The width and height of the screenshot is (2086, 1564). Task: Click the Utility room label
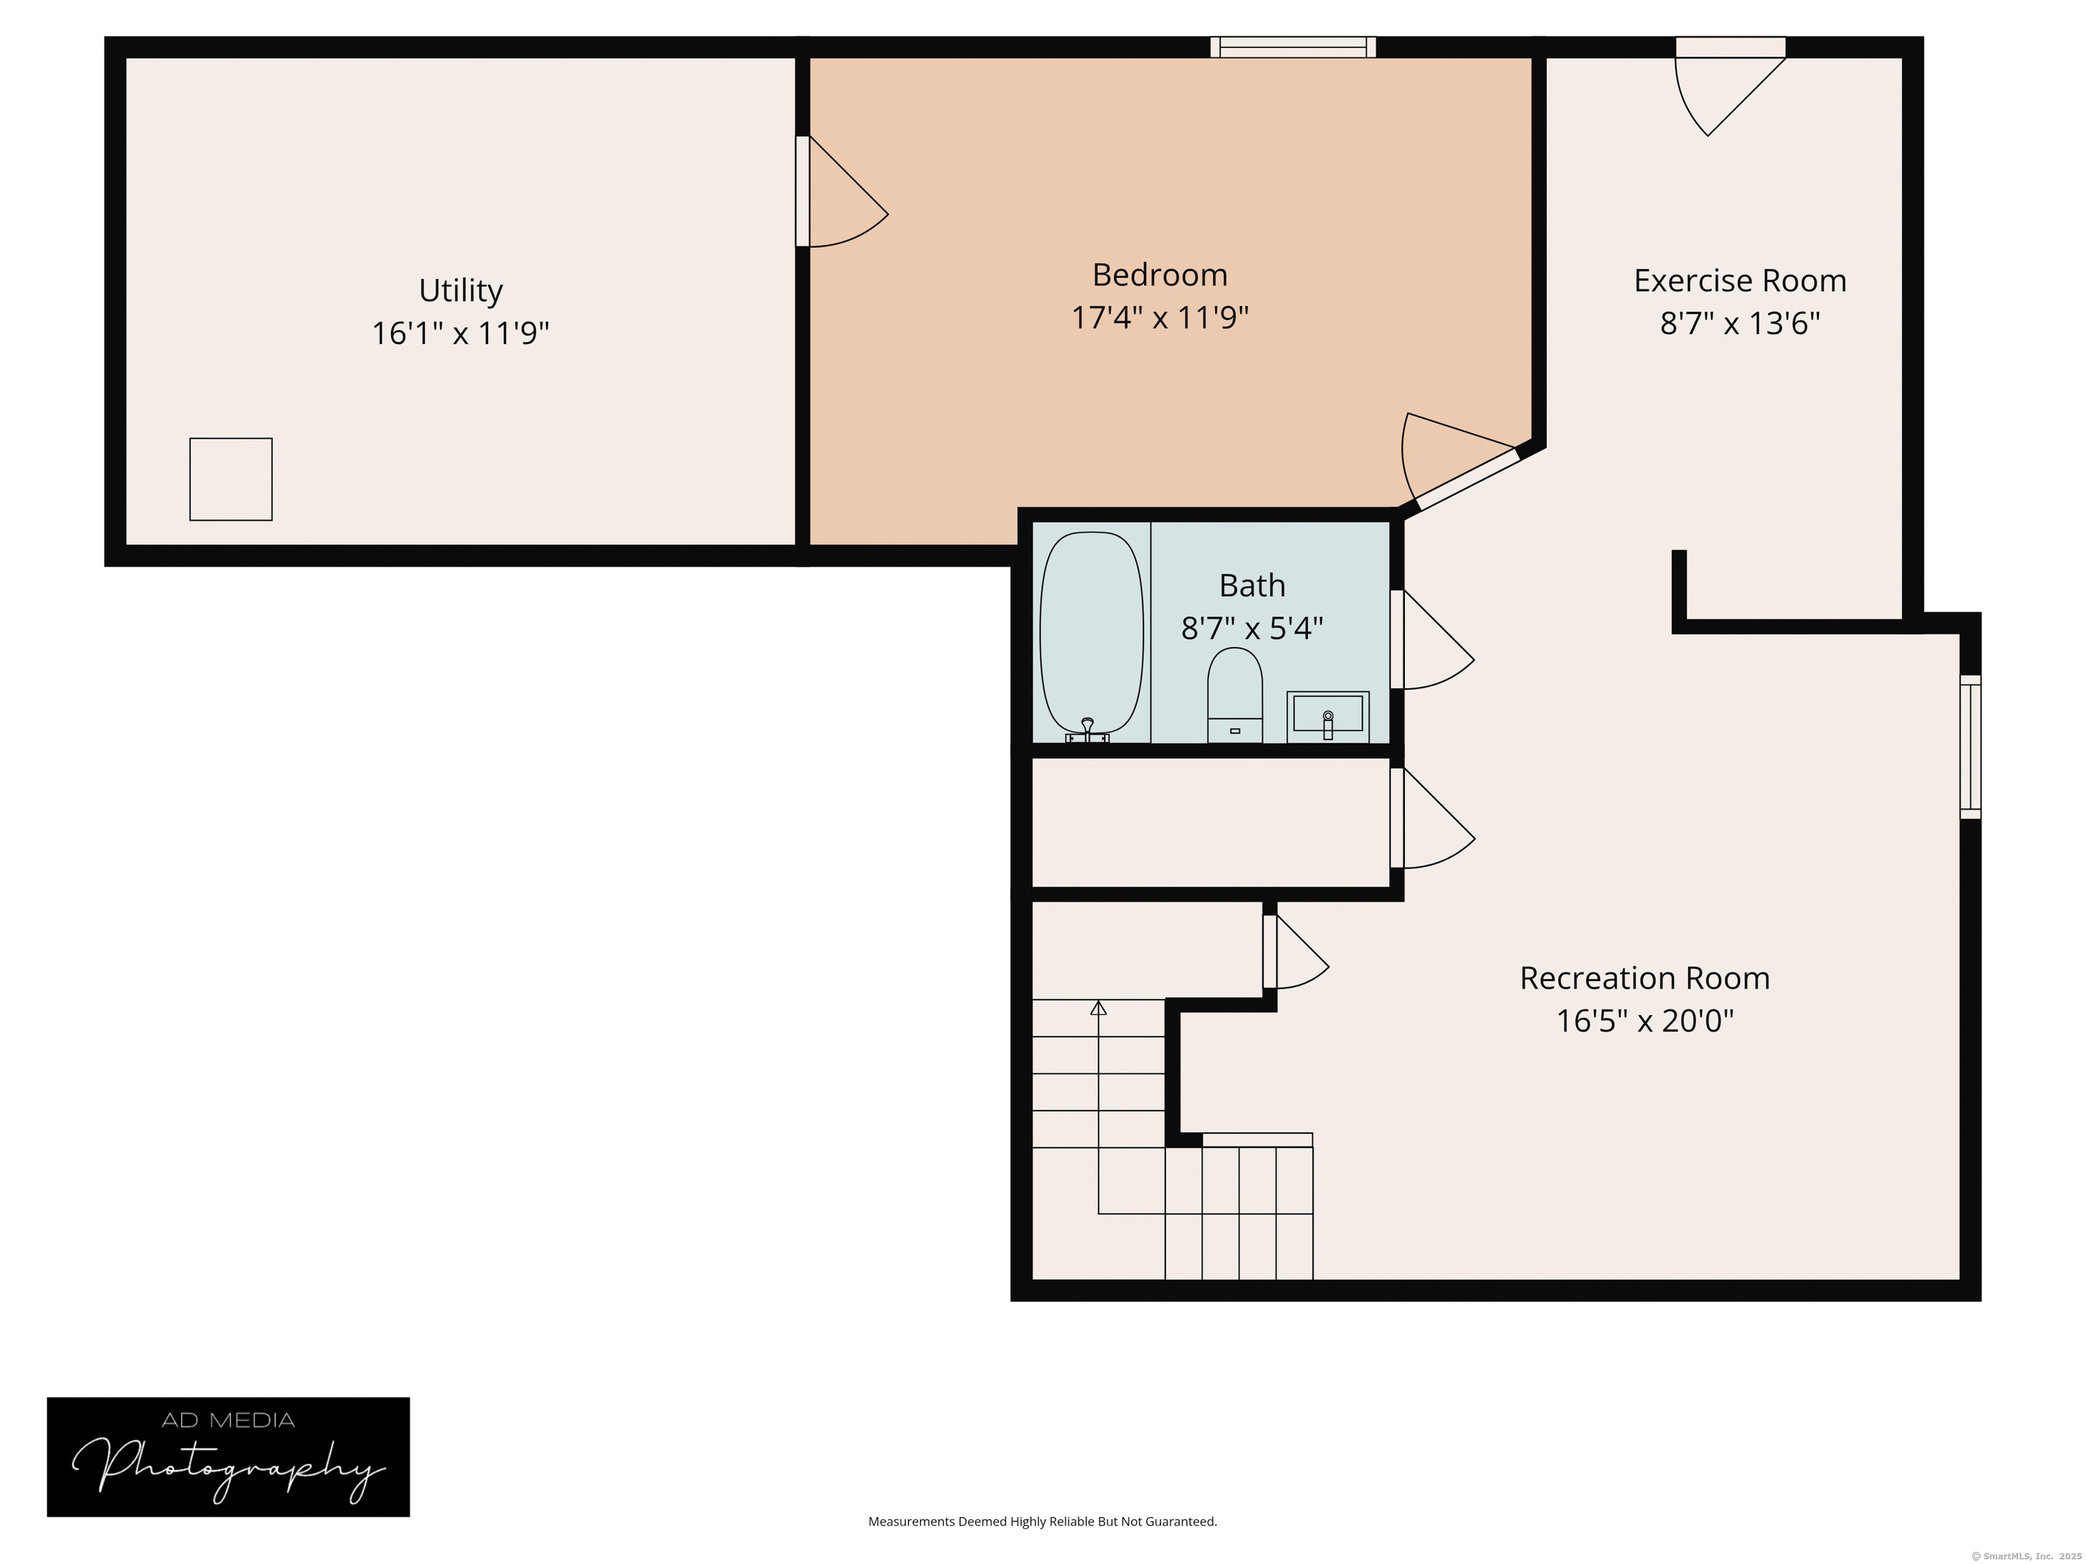pos(460,291)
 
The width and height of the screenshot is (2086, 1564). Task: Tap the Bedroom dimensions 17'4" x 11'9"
pos(1159,318)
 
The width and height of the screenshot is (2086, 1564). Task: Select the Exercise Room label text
pos(1739,281)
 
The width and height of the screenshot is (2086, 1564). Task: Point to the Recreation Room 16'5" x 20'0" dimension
pos(1644,1021)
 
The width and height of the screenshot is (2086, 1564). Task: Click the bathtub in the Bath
pos(1091,633)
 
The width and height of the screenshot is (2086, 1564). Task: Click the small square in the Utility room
pos(231,479)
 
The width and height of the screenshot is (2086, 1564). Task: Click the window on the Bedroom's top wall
pos(1292,47)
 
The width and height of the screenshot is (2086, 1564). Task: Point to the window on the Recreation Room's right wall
pos(1970,747)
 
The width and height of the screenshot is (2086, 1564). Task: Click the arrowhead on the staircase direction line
pos(1098,1008)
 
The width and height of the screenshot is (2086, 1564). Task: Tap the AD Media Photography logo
pos(228,1457)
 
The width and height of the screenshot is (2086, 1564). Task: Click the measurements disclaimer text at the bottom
pos(1042,1521)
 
